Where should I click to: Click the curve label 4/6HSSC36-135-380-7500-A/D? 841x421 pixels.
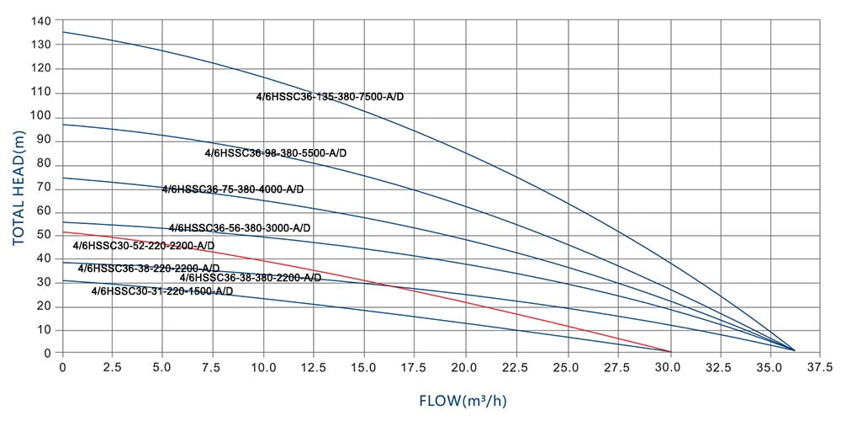[331, 97]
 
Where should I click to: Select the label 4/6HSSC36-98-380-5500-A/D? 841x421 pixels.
[276, 153]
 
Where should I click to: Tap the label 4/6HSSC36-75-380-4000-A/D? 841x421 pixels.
[233, 189]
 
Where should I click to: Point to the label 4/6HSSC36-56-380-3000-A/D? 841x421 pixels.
[240, 228]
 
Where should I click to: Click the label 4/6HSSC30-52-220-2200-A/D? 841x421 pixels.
[145, 246]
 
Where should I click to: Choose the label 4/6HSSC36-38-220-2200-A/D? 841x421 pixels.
[149, 269]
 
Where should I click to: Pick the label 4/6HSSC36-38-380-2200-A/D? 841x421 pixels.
[251, 278]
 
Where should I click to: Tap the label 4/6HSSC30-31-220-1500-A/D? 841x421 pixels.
[162, 291]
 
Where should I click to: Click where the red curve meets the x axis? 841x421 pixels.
[670, 351]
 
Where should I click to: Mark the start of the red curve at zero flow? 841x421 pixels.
[63, 232]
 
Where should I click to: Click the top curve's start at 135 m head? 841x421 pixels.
[63, 32]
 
